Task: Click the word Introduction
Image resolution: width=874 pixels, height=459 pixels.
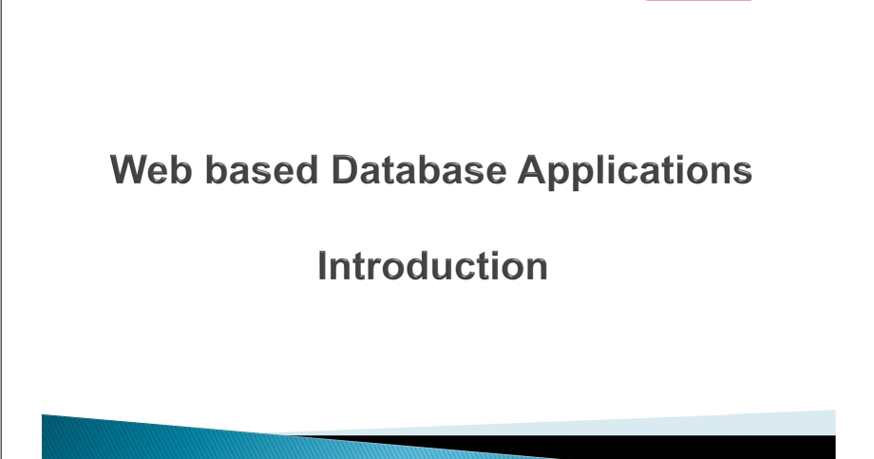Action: tap(432, 266)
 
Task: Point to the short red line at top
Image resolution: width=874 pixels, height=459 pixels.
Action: tap(698, 1)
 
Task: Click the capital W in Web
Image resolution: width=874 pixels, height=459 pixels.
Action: tap(130, 171)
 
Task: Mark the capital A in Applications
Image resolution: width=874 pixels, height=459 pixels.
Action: tap(533, 171)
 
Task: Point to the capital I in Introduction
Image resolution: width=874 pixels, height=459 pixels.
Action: tap(323, 266)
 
